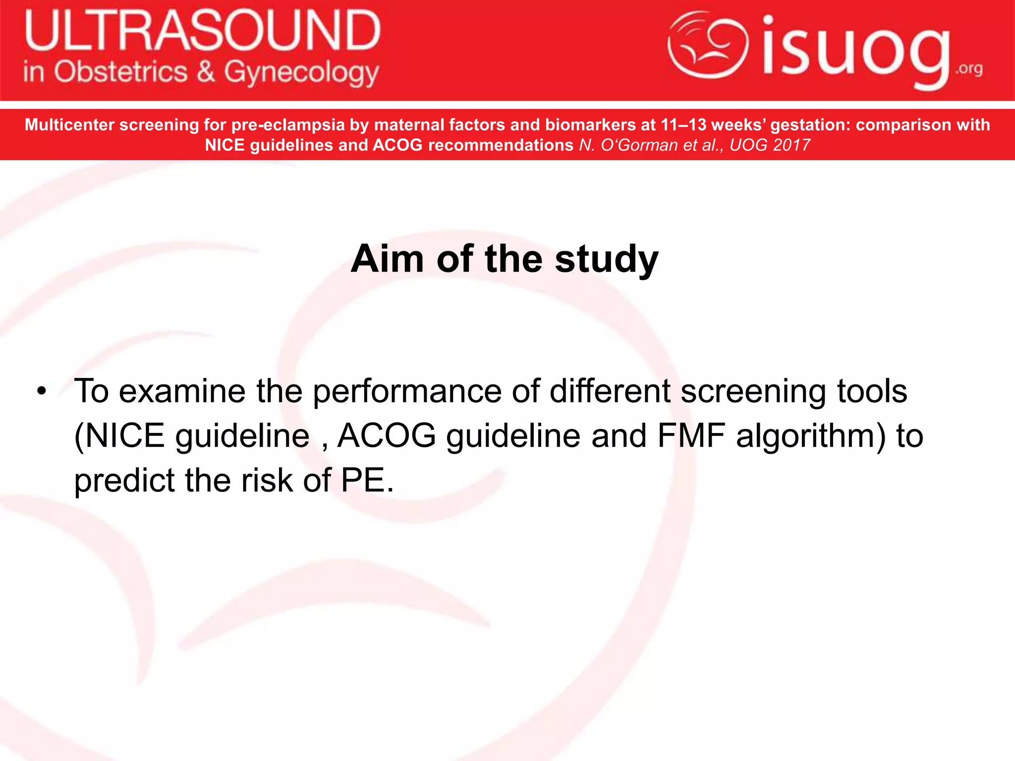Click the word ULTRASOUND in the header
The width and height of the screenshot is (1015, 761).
pyautogui.click(x=202, y=31)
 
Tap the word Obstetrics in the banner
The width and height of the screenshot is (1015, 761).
pyautogui.click(x=120, y=72)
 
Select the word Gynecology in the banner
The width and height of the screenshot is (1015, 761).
pyautogui.click(x=301, y=73)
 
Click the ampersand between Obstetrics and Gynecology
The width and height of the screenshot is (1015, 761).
pyautogui.click(x=206, y=72)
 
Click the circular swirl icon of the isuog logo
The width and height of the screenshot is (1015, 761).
pyautogui.click(x=708, y=46)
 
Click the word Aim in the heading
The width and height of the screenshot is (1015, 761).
pyautogui.click(x=387, y=259)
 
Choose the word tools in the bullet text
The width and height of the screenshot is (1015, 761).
pyautogui.click(x=872, y=391)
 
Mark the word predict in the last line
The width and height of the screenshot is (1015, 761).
pyautogui.click(x=124, y=481)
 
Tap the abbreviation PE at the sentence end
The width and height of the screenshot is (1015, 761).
pyautogui.click(x=362, y=481)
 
